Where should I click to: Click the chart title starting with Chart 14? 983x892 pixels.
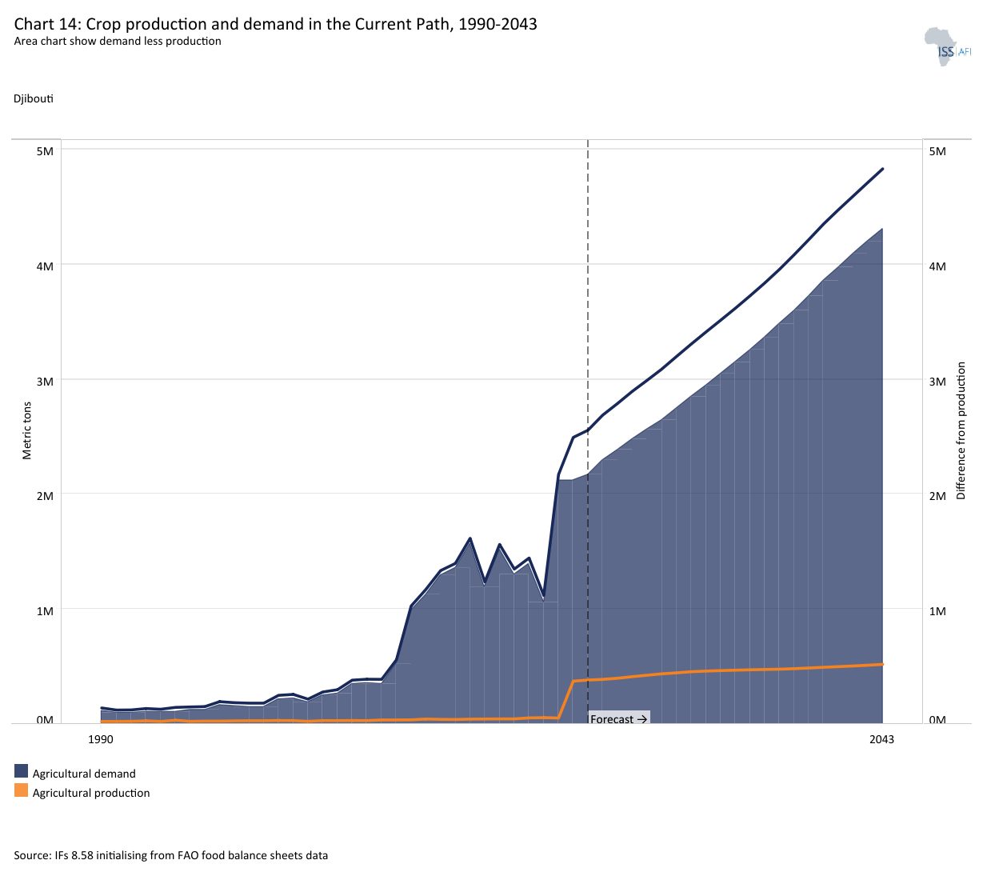[x=275, y=24]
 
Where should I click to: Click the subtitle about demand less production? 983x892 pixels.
[x=118, y=41]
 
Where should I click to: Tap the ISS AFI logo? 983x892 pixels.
[x=947, y=47]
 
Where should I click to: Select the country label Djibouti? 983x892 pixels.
[x=34, y=98]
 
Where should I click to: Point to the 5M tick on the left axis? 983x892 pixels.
[x=45, y=151]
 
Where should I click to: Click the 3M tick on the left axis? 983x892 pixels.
[x=45, y=382]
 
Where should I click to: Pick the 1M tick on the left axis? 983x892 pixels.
[x=45, y=611]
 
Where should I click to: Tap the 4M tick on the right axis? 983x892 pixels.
[x=937, y=266]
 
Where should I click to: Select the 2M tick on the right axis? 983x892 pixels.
[x=937, y=496]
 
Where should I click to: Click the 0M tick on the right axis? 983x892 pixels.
[x=937, y=720]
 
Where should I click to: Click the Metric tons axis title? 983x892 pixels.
[x=27, y=431]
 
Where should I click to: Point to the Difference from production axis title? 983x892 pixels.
[x=961, y=431]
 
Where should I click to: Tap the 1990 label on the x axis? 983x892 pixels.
[x=101, y=739]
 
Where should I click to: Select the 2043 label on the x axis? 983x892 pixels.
[x=881, y=739]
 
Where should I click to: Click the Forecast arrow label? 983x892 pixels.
[x=618, y=719]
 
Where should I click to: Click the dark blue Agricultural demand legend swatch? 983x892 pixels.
[x=21, y=771]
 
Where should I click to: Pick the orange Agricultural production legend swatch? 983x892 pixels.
[x=21, y=790]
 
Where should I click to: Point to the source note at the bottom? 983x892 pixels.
[x=170, y=855]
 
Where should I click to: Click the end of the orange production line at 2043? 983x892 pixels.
[x=882, y=664]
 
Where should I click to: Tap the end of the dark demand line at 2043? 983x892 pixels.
[x=882, y=169]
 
